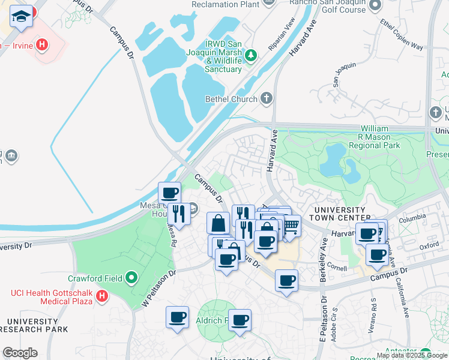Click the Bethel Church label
(231, 98)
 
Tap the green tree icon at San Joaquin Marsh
(251, 56)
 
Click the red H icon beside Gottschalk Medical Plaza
(103, 296)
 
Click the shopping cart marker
(291, 226)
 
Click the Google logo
(19, 353)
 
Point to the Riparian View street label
(282, 35)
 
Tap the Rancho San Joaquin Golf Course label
(327, 6)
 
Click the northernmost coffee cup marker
(170, 193)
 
